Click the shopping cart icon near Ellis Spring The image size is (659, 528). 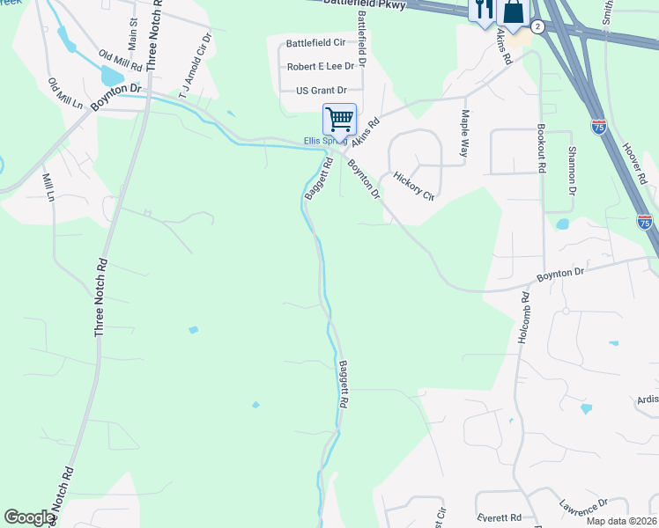pyautogui.click(x=339, y=119)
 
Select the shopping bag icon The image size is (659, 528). pyautogui.click(x=513, y=11)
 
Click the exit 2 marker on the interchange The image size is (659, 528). pyautogui.click(x=537, y=27)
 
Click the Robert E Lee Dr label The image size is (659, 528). pyautogui.click(x=321, y=66)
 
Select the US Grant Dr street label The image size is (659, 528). pyautogui.click(x=322, y=90)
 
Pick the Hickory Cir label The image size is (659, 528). pyautogui.click(x=414, y=186)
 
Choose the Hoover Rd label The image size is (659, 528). pyautogui.click(x=634, y=164)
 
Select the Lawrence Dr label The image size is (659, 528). pyautogui.click(x=583, y=510)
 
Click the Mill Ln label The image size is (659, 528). pyautogui.click(x=48, y=187)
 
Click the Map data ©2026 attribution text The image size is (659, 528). pyautogui.click(x=620, y=521)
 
